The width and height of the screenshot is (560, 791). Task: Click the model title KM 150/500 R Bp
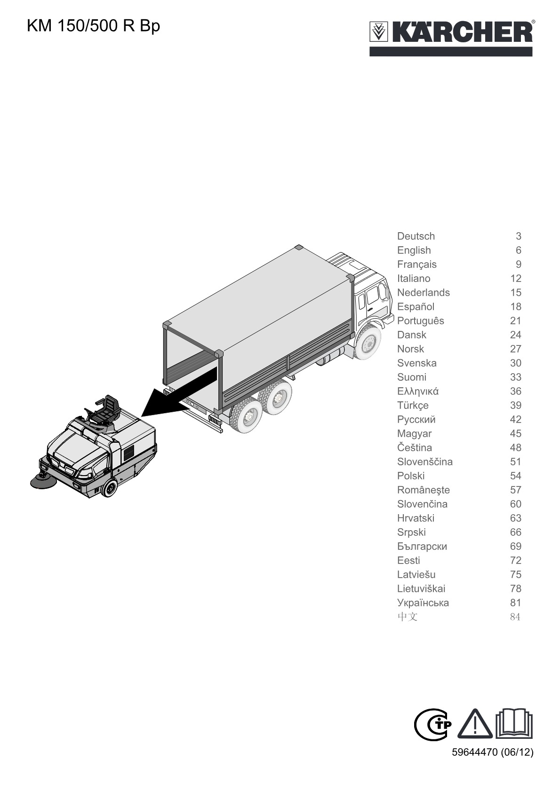coord(93,26)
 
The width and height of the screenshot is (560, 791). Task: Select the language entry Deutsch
coord(416,236)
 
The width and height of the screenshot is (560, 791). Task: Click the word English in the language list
coord(414,251)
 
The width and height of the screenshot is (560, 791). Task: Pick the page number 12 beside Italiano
coord(515,278)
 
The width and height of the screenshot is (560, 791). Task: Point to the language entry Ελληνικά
coord(417,391)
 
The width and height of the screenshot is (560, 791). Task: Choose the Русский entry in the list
coord(416,420)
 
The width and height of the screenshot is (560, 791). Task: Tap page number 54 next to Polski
coord(515,476)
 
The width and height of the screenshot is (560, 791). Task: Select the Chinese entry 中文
coord(407,617)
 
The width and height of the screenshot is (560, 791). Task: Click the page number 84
coord(515,617)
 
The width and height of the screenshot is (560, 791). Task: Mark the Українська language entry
coord(423,603)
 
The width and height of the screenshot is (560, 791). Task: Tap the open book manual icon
coord(514,723)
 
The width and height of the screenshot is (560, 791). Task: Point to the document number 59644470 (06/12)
coord(493,752)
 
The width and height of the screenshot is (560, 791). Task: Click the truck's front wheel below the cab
coord(368,342)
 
